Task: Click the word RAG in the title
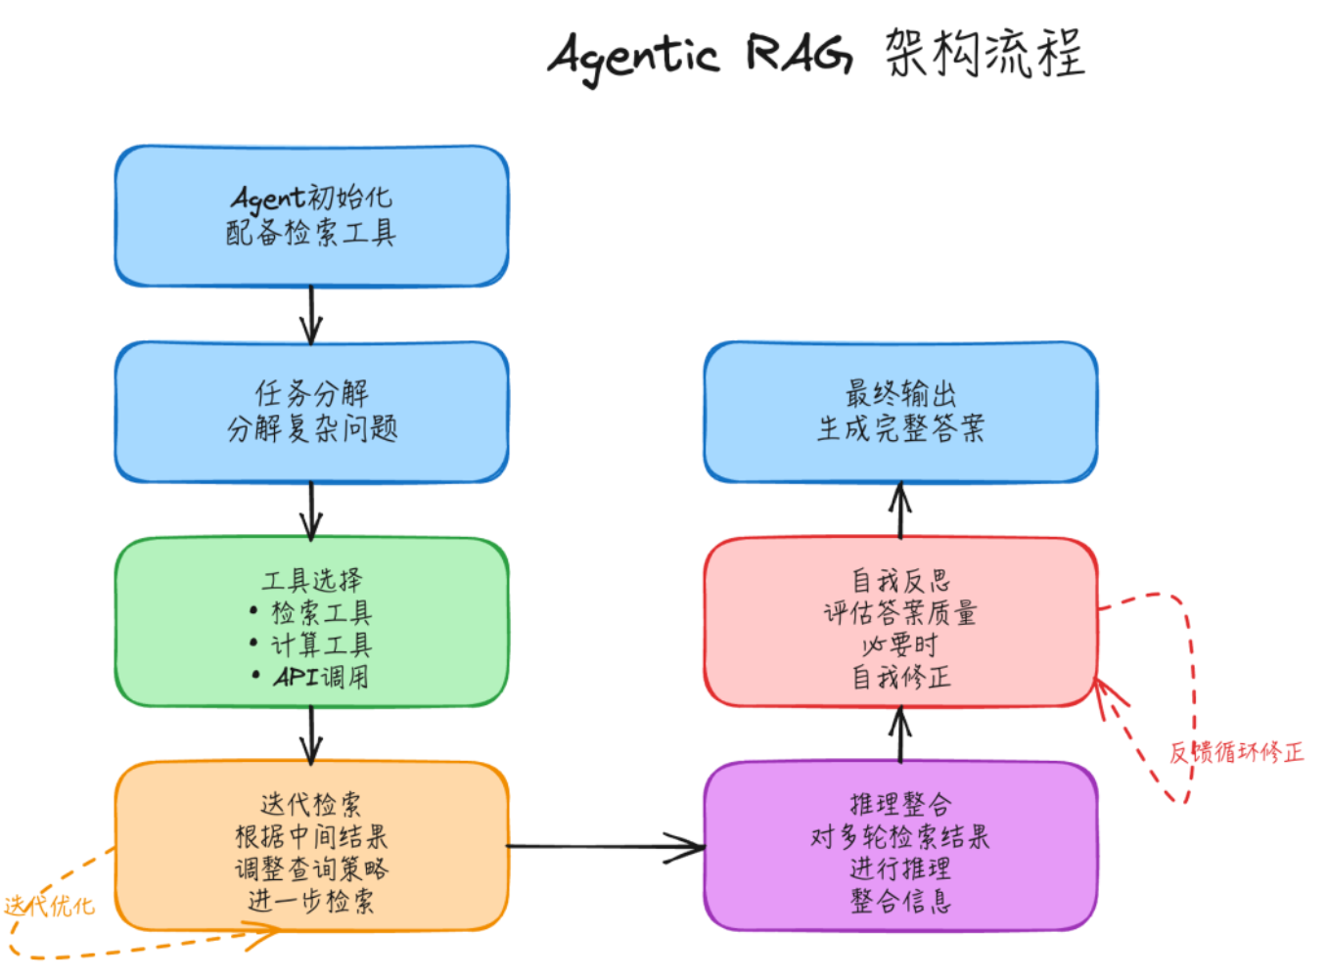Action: coord(799,53)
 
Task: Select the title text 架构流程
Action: coord(985,53)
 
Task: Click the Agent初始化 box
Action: coord(311,216)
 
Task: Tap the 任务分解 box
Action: coord(311,412)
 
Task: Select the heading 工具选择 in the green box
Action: coord(311,580)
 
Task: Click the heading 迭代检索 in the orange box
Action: coord(311,805)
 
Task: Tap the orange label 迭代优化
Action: coord(49,906)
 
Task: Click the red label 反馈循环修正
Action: coord(1236,752)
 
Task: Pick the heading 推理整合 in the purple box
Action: coord(900,805)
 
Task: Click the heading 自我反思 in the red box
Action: coord(900,581)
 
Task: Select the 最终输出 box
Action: coord(900,412)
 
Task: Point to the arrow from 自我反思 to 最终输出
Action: coord(900,511)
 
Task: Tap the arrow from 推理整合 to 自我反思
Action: coord(900,735)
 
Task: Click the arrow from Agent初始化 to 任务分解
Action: coord(311,314)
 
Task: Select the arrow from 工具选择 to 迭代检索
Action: coord(311,734)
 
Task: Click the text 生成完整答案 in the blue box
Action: coord(900,428)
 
